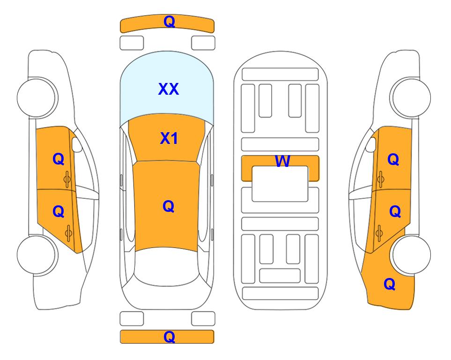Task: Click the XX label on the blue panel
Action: [169, 89]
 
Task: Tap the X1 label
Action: [169, 138]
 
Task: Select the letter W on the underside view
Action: [282, 161]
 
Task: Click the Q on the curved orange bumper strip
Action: [169, 22]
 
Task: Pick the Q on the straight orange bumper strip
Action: [169, 337]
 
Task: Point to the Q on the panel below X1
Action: [168, 206]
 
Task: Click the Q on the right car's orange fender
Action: [390, 284]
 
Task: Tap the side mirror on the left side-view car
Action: [76, 144]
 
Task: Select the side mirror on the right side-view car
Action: [371, 144]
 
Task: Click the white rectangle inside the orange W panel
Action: [280, 184]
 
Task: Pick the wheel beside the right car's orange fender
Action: [411, 255]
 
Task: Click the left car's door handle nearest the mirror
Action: [67, 180]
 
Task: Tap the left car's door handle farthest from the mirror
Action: [68, 233]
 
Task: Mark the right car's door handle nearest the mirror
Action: [380, 180]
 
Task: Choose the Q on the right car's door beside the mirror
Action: [393, 159]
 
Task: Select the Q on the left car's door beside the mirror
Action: [59, 159]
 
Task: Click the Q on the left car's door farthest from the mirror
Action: [59, 212]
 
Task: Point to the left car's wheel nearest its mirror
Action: [37, 97]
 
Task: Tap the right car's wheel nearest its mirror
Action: [411, 97]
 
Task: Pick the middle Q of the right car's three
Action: [395, 212]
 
